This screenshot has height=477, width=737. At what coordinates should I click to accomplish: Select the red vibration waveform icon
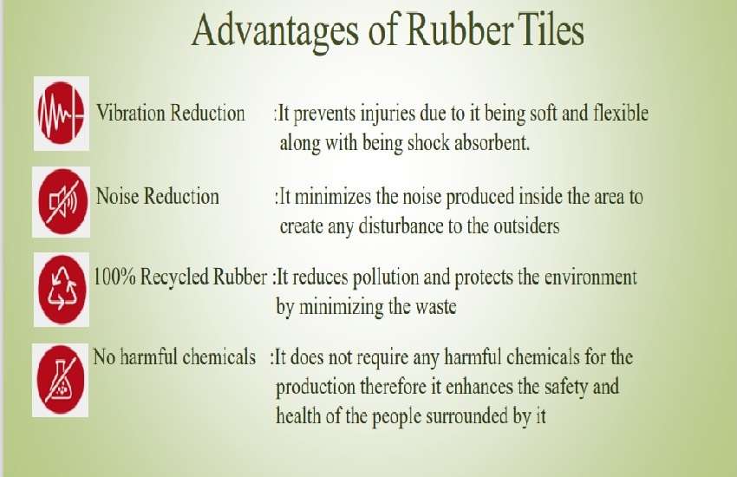61,114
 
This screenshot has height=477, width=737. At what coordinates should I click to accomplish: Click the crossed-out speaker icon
62,202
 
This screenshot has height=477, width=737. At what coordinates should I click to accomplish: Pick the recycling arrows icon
62,290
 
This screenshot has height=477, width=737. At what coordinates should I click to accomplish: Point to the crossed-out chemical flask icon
61,380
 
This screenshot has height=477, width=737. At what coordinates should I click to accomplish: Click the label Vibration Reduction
171,114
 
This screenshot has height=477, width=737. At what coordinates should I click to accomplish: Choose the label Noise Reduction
158,196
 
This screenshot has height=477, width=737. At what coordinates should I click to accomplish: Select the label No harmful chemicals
174,357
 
